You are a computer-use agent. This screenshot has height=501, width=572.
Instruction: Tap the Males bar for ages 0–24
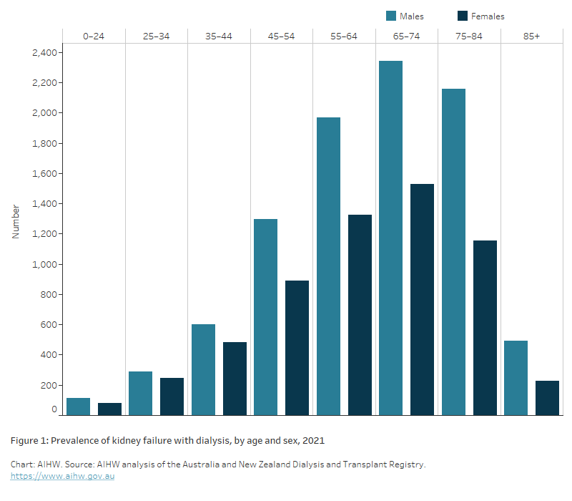click(78, 406)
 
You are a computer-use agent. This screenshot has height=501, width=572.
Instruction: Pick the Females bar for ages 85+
click(547, 397)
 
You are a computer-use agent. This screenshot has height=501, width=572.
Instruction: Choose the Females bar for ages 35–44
click(235, 378)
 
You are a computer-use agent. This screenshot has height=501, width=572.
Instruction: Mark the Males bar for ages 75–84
click(453, 251)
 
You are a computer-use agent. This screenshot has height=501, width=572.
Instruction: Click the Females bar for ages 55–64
click(360, 314)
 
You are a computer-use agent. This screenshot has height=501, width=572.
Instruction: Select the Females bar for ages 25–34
click(172, 396)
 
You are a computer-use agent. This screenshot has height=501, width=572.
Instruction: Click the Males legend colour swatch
click(391, 16)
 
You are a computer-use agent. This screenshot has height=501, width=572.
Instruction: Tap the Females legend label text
click(488, 16)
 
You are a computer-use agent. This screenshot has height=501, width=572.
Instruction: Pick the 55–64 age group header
click(344, 36)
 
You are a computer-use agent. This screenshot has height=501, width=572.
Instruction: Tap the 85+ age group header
click(531, 36)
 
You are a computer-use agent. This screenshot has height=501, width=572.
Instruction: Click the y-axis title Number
click(16, 221)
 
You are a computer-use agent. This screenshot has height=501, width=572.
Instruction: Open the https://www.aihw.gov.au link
click(62, 476)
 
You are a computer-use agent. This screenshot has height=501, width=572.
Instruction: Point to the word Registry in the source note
click(406, 464)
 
